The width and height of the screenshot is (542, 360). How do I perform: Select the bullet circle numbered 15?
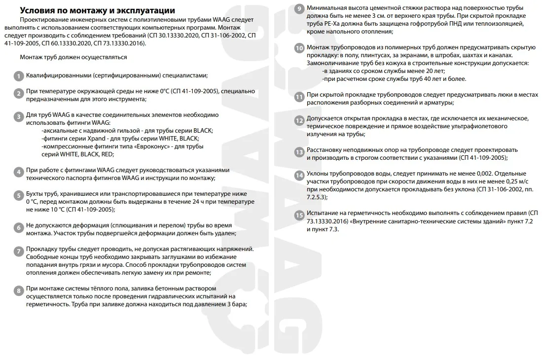pos(299,215)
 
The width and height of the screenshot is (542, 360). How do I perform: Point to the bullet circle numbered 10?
pos(299,48)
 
